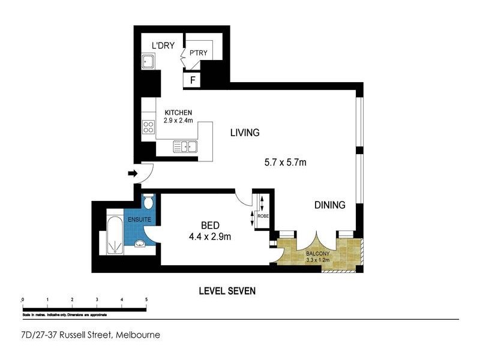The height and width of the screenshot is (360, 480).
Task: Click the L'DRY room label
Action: coord(163,45)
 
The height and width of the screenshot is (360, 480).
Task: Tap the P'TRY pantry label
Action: coord(199,53)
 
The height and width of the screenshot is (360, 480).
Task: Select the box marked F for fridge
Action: coord(193,79)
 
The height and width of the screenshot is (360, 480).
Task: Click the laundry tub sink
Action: coord(148,61)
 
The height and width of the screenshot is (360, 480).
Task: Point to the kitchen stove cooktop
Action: coord(148,127)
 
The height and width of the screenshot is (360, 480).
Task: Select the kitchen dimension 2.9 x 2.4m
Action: coord(178,120)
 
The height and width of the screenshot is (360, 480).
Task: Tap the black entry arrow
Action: coord(133,174)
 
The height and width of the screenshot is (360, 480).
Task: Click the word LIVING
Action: coord(245,133)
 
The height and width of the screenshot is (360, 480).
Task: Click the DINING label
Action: coord(330,205)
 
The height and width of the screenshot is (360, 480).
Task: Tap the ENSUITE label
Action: coord(140,219)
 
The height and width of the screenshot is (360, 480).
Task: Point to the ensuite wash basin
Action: coord(140,244)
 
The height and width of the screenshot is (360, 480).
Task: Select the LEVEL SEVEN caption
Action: coord(227,291)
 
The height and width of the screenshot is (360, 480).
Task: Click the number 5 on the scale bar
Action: coord(146,299)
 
